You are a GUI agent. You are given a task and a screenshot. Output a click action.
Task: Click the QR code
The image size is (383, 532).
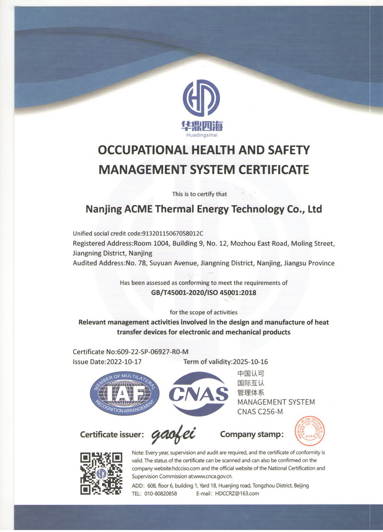tap(101, 473)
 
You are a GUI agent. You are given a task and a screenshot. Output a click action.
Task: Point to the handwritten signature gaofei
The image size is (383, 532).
tap(173, 435)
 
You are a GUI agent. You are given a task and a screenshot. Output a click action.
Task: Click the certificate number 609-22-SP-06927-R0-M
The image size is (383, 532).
tap(155, 352)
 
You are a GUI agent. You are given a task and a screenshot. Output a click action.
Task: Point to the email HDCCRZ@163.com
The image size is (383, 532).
tap(237, 493)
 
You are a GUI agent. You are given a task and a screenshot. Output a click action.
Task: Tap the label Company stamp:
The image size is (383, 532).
tap(252, 434)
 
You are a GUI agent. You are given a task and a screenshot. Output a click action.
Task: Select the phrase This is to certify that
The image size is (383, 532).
tap(200, 194)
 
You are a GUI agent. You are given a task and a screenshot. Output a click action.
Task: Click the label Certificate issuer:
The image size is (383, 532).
tap(112, 435)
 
